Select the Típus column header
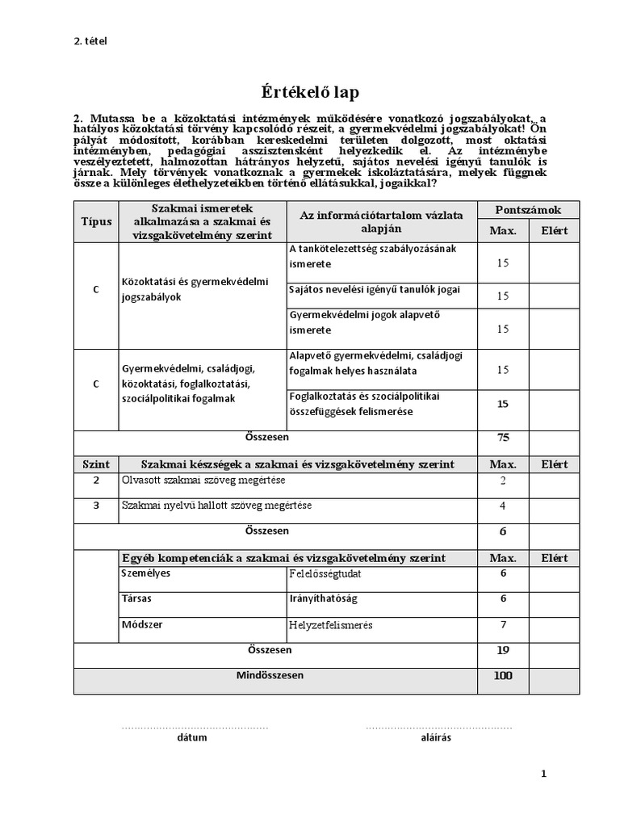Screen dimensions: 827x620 tap(96, 221)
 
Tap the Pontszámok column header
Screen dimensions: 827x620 tap(528, 210)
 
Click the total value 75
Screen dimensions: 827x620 tap(503, 439)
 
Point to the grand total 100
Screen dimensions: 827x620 tap(503, 676)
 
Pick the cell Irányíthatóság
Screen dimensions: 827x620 tap(323, 599)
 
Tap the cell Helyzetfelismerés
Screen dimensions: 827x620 tap(331, 625)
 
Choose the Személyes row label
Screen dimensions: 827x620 tap(146, 573)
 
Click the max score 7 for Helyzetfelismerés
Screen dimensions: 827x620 tap(503, 625)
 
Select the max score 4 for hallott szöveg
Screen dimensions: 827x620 tap(503, 506)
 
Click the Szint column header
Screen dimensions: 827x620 tap(96, 464)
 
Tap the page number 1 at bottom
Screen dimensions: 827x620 tap(543, 774)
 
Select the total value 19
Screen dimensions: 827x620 tap(503, 650)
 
